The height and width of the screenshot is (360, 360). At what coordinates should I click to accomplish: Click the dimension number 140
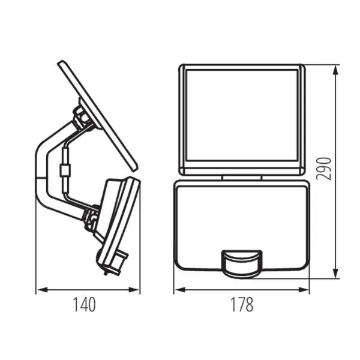point(84,305)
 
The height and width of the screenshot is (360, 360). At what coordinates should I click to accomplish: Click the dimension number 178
point(242,305)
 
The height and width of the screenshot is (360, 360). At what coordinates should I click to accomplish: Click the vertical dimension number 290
point(324,169)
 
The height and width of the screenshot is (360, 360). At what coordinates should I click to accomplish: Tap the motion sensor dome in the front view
point(242,264)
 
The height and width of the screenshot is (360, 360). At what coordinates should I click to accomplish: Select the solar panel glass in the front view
point(242,115)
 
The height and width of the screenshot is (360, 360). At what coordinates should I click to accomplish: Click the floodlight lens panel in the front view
point(242,225)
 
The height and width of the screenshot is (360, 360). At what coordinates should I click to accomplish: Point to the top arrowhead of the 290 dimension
point(335,70)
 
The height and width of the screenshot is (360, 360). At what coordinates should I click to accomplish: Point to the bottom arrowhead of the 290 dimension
point(335,274)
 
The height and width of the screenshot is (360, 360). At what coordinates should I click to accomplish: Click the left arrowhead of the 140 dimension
point(42,290)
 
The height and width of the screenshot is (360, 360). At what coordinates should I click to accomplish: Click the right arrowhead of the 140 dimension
point(134,290)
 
